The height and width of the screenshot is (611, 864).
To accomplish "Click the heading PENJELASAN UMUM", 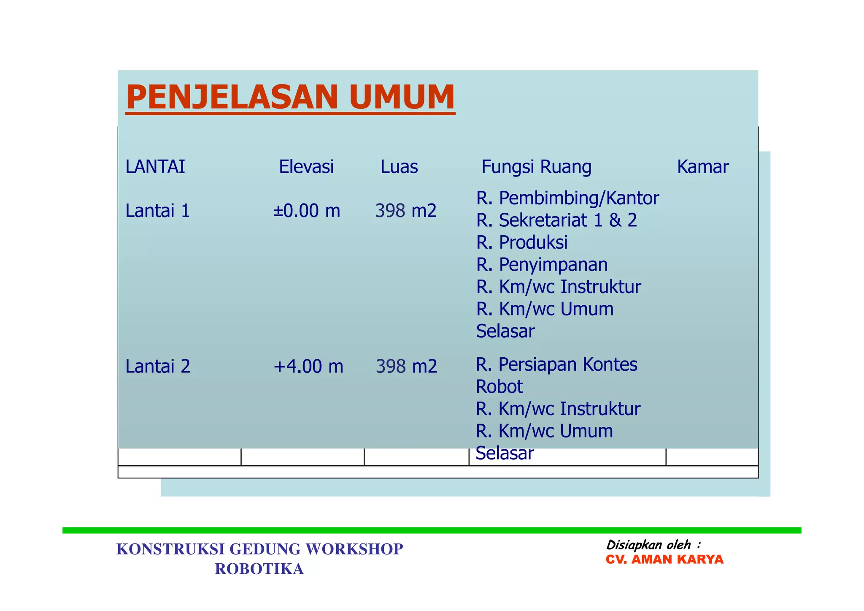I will point(290,98).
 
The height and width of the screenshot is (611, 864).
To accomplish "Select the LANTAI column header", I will point(155,167).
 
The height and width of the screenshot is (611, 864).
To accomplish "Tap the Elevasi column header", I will point(306,167).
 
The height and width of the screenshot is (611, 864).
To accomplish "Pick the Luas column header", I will point(399,167).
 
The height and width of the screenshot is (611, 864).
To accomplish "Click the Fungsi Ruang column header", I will point(536,167).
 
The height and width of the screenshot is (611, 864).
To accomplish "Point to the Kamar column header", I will point(703,167).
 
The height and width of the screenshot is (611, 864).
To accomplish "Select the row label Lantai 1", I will point(157,211).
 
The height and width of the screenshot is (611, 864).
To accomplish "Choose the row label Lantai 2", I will point(158,366).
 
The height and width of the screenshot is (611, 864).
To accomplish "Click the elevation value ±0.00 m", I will point(306,211).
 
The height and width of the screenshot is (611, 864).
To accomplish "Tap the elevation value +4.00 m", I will point(308,366).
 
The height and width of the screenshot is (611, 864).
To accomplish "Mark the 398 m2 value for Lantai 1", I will point(406,211).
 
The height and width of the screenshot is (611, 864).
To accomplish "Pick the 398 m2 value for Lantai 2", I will point(406,366).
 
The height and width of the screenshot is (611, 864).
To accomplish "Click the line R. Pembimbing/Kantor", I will point(567,198).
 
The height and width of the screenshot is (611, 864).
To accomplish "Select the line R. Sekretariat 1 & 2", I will point(556,220).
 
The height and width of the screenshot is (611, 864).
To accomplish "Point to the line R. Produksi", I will point(522,242).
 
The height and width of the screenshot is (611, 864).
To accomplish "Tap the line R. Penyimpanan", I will point(542,265).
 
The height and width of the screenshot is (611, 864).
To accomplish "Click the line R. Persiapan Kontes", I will point(556,364).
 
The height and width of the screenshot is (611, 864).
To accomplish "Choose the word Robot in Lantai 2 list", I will point(499,386).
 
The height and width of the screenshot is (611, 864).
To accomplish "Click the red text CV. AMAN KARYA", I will point(664,559).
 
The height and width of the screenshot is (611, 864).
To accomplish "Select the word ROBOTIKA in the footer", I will point(259,569).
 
